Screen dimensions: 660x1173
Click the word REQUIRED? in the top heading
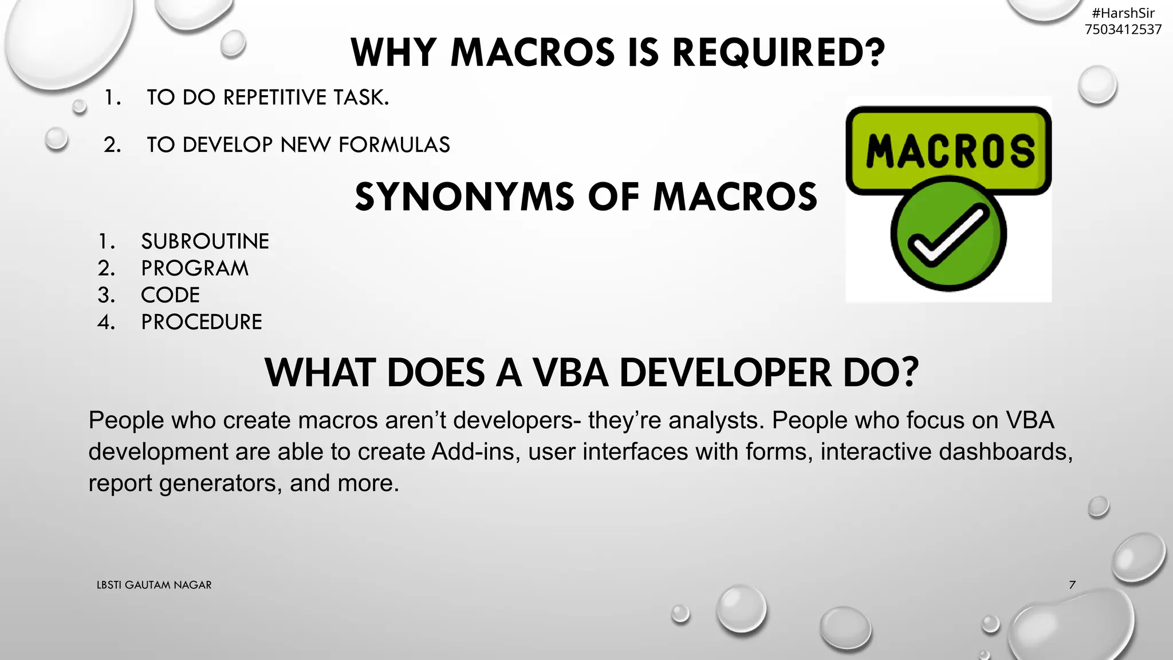point(778,53)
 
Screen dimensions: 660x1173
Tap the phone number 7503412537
point(1123,29)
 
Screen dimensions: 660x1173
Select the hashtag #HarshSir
point(1123,13)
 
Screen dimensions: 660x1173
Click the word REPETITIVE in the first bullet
point(275,97)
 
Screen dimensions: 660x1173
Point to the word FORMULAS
point(394,145)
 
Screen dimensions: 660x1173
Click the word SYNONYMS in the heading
point(464,197)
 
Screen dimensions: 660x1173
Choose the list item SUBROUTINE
point(204,241)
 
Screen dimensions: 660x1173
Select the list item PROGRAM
point(195,268)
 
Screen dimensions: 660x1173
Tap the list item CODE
point(170,295)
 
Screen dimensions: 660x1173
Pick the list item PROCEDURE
point(201,322)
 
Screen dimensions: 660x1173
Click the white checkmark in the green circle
point(948,236)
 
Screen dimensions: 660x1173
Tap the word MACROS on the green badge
point(950,151)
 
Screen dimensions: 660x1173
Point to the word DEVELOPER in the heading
point(726,373)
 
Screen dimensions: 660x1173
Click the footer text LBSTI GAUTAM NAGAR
point(154,585)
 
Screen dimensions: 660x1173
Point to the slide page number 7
point(1072,585)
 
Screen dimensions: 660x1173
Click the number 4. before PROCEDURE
point(106,322)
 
